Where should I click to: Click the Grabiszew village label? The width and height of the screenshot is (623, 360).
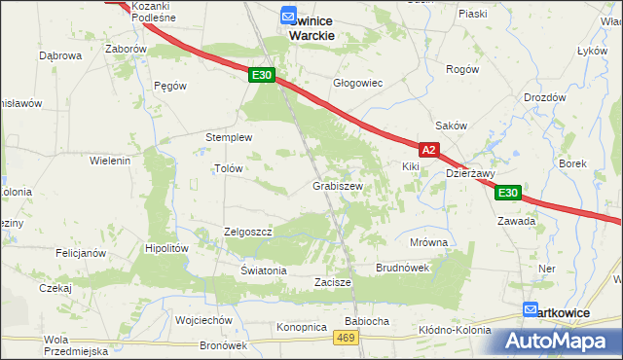(x=338, y=186)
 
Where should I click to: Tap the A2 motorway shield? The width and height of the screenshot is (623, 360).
(x=431, y=150)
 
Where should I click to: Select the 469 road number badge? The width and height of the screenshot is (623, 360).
(x=345, y=337)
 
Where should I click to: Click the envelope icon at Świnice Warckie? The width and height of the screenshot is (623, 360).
(x=288, y=17)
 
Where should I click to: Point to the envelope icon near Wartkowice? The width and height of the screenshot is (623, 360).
(x=531, y=310)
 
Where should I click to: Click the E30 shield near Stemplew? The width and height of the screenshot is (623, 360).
(x=261, y=75)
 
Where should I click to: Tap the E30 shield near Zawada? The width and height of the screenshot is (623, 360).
(x=508, y=194)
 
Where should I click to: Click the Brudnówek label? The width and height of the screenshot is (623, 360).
(x=403, y=267)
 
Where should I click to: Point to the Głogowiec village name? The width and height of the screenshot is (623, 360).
(x=357, y=84)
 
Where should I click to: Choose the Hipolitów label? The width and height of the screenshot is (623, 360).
(x=165, y=248)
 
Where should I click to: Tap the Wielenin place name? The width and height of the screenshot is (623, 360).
(x=110, y=161)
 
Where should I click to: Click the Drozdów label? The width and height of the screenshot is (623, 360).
(x=544, y=97)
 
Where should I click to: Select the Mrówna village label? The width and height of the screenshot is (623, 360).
(x=428, y=242)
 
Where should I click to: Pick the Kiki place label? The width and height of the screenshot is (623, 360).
(x=410, y=166)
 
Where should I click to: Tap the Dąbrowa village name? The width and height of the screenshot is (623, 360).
(x=59, y=55)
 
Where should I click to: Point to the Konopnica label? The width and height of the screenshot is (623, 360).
(x=300, y=327)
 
